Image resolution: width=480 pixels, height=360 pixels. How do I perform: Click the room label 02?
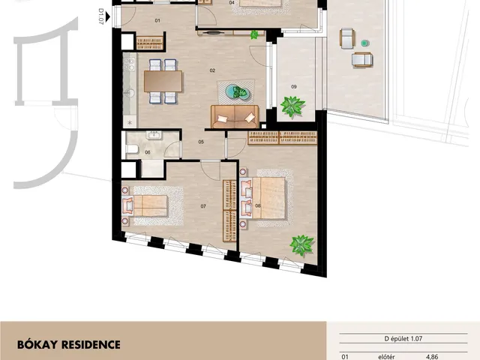tap(212, 70)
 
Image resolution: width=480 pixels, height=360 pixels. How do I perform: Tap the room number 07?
tap(203, 206)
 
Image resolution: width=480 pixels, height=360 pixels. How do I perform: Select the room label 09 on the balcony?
tap(294, 87)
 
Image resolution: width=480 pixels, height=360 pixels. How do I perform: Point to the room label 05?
tap(201, 142)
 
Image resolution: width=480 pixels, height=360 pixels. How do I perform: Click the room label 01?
tap(157, 21)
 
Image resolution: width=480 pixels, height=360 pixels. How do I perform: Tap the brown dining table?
tap(163, 81)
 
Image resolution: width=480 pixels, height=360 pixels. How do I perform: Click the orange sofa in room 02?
tap(235, 117)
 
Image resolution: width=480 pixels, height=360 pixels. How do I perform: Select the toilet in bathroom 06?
tap(132, 149)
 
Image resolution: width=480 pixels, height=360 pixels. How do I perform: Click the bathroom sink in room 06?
tap(154, 135)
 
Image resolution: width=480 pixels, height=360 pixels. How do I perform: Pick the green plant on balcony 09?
tap(292, 106)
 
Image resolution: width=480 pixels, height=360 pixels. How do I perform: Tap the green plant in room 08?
tap(301, 245)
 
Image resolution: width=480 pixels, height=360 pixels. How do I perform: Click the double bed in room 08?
tap(263, 198)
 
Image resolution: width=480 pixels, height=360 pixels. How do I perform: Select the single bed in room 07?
tap(145, 205)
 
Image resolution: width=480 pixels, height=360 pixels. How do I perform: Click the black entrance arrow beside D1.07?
tap(108, 16)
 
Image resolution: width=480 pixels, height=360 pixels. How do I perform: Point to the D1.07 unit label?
tap(100, 16)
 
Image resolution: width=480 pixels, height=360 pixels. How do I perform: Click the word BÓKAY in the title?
tap(37, 345)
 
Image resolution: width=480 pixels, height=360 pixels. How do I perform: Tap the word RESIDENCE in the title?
tap(91, 345)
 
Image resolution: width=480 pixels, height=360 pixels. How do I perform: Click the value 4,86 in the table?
tap(432, 357)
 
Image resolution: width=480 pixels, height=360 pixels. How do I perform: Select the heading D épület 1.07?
tap(403, 339)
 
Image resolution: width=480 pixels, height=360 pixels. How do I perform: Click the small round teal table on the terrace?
tap(364, 43)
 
